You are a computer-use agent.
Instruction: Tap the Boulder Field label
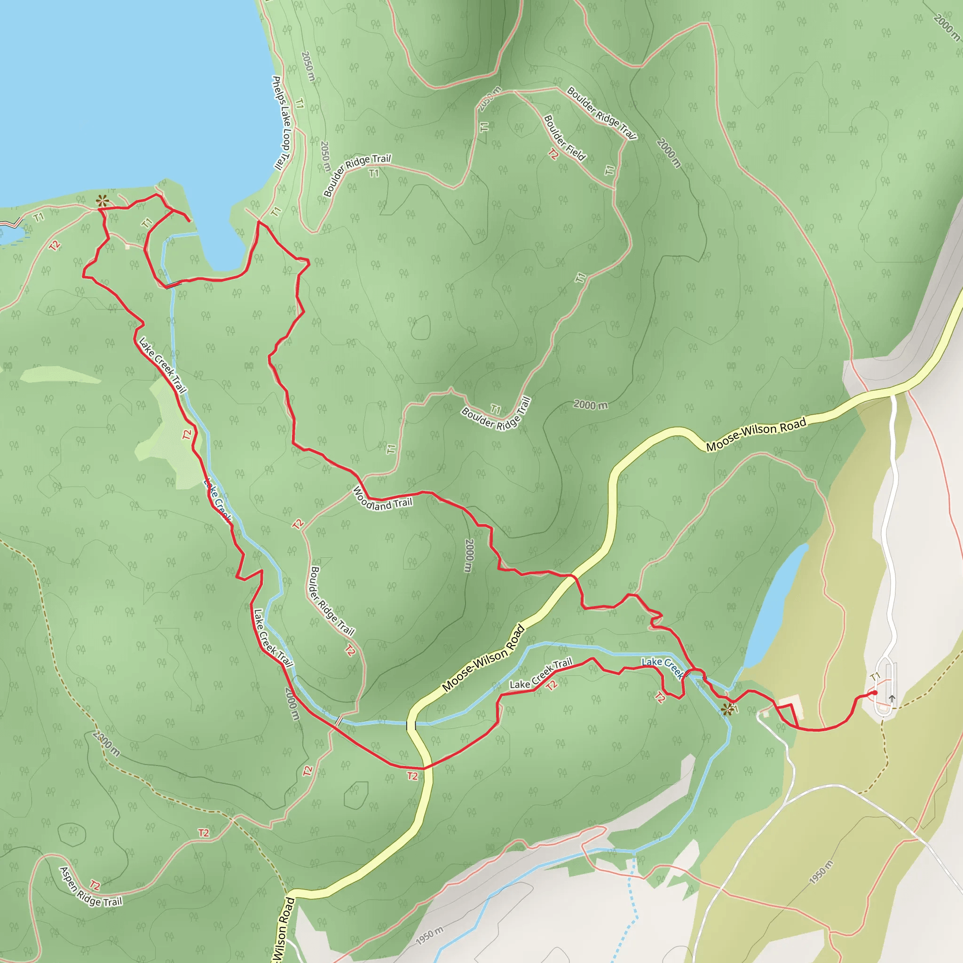click(x=564, y=138)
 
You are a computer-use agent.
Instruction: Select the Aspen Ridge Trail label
click(x=90, y=887)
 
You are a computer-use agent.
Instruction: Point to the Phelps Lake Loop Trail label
click(x=281, y=123)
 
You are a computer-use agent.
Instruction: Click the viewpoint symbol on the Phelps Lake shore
click(x=102, y=201)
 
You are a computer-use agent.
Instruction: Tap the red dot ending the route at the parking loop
click(x=875, y=692)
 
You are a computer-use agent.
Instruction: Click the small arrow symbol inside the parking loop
click(x=892, y=698)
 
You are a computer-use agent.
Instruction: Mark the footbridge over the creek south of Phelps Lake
click(x=173, y=284)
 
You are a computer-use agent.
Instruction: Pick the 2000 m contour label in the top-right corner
click(x=947, y=27)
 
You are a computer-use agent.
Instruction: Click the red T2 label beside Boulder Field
click(x=553, y=154)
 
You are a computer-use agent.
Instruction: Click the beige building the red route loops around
click(x=790, y=706)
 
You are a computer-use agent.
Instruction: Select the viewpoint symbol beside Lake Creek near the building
click(x=728, y=709)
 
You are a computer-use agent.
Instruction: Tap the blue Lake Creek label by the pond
click(x=663, y=667)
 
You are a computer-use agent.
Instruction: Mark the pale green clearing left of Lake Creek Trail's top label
click(x=60, y=374)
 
